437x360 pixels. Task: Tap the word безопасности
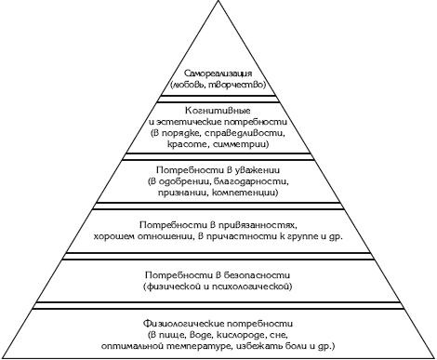pyautogui.click(x=249, y=275)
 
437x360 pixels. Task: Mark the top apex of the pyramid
pyautogui.click(x=218, y=4)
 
